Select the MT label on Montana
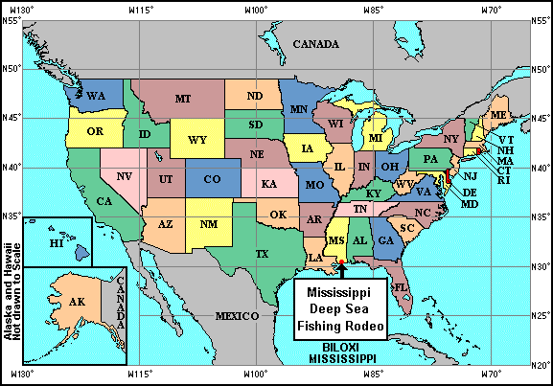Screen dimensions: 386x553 point(182,99)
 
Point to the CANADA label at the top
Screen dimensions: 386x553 point(316,44)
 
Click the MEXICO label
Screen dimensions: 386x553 point(237,315)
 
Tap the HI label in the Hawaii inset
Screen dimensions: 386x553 point(56,245)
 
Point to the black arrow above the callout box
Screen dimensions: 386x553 point(342,271)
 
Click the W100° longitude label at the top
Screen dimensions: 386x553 point(254,8)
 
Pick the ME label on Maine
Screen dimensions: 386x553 point(498,115)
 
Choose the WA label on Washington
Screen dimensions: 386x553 point(96,97)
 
